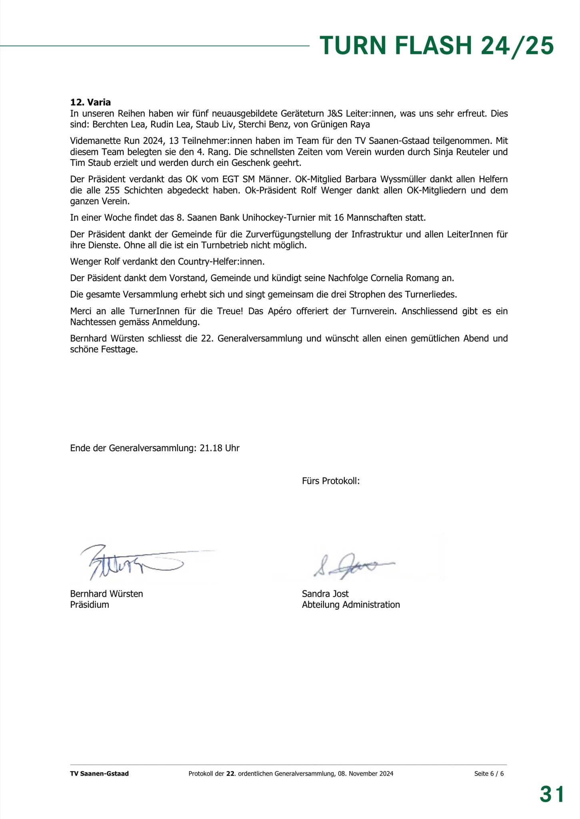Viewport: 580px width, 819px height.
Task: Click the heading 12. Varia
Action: pos(90,102)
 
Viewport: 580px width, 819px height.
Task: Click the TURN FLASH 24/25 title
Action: pos(437,45)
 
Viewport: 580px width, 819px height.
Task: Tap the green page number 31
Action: pos(552,793)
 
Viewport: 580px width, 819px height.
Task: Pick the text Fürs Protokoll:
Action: pos(331,481)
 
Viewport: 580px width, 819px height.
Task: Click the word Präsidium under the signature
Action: pos(90,604)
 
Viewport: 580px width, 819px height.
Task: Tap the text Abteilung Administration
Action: pos(351,604)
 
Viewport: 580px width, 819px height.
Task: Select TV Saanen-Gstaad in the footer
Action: pos(99,773)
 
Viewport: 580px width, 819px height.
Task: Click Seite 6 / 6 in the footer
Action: pos(489,773)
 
